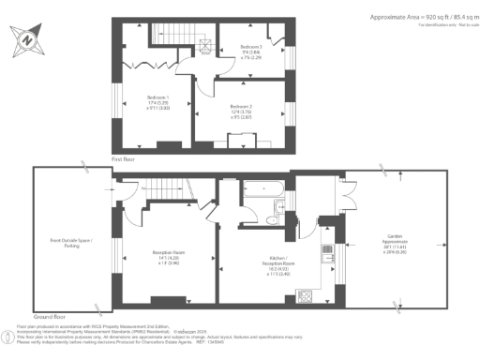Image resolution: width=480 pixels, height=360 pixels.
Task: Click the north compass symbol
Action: click(26, 39)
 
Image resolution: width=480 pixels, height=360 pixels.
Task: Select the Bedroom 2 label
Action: click(242, 111)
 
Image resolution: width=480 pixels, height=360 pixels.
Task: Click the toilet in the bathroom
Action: click(272, 219)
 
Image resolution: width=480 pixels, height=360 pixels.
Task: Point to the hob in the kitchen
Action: click(305, 297)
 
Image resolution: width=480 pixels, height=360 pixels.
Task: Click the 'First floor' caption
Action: click(126, 159)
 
